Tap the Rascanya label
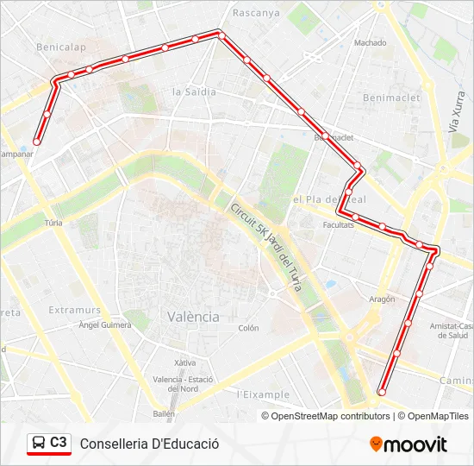(x=256, y=13)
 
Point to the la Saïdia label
(x=192, y=91)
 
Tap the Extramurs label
(x=75, y=310)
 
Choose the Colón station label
(x=248, y=328)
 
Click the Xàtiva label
(x=184, y=362)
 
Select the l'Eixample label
(x=263, y=394)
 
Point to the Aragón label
(x=381, y=299)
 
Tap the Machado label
(x=370, y=41)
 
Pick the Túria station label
(x=53, y=223)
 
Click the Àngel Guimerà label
(x=104, y=325)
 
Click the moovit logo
(x=409, y=444)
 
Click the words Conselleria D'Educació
(x=149, y=444)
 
